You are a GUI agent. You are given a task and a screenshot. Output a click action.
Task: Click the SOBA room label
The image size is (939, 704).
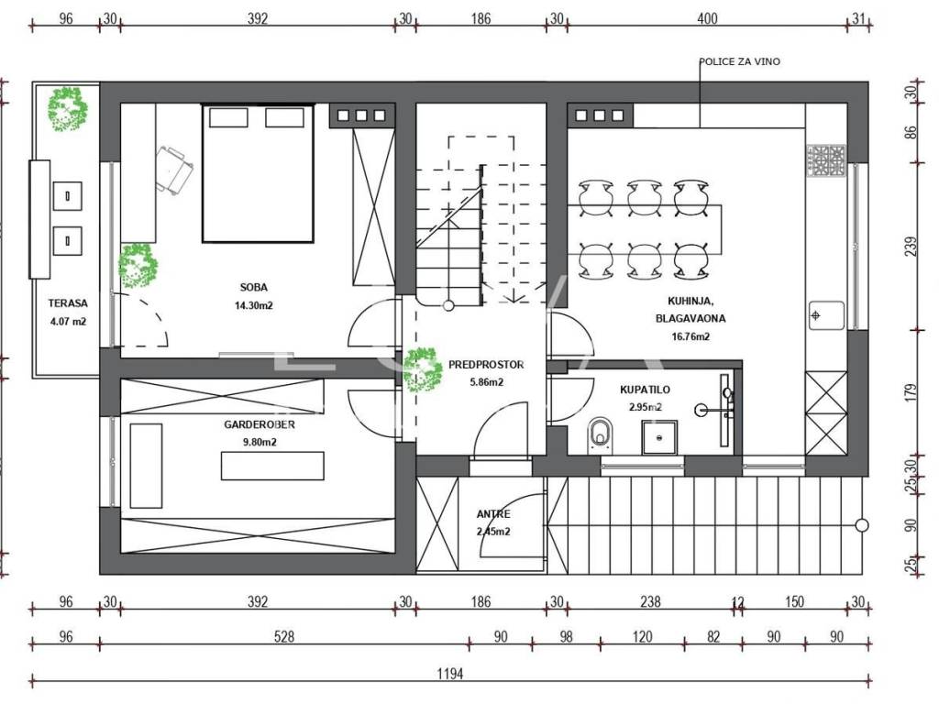pos(253,287)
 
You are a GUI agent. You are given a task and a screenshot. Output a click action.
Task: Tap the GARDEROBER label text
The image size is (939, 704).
pos(260,424)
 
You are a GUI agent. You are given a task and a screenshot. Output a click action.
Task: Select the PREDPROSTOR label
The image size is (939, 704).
pos(486,365)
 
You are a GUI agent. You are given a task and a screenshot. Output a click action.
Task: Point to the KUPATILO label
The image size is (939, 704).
pos(645,390)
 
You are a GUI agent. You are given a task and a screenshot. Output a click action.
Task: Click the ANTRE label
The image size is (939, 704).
pos(493,513)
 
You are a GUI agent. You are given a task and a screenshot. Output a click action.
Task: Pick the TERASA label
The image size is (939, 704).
pos(68,303)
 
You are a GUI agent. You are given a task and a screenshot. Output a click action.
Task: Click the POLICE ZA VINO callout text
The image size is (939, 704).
pos(740,61)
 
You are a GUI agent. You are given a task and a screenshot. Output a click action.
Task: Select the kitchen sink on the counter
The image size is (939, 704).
pos(826,315)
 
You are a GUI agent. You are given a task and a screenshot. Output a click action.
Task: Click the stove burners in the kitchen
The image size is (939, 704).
pos(826,160)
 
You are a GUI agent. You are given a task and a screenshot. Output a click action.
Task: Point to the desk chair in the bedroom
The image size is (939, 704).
pos(173,170)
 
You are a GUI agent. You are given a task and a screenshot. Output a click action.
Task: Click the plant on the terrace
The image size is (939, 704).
pos(68,109)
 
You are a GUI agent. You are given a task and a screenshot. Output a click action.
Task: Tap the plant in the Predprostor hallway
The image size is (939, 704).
pos(423,370)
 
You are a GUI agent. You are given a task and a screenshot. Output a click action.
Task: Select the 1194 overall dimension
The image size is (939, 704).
pos(449,674)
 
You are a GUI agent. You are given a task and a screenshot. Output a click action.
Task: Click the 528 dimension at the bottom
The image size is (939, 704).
pos(284,636)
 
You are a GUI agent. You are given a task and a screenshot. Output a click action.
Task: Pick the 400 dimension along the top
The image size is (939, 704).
pos(707,18)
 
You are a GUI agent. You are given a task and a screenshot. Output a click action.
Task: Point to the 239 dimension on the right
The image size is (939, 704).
pos(911,247)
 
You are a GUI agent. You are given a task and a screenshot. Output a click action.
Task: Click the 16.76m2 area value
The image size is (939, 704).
pos(690,336)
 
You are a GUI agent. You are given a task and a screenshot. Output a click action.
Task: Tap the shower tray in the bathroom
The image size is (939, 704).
pos(660,438)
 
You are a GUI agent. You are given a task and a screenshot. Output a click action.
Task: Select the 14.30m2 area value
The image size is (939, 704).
pos(253,305)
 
